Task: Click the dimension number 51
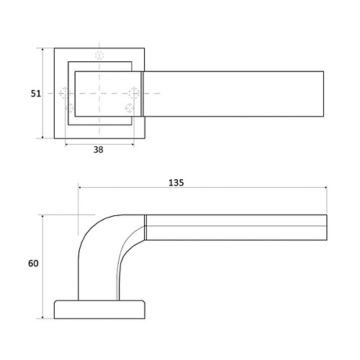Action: point(36,94)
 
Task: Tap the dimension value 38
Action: point(99,150)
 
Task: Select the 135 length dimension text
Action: point(176,183)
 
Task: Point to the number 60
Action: point(33,264)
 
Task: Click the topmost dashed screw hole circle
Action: point(99,55)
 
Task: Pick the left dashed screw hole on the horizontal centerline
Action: point(64,93)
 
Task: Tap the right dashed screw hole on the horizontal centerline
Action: point(134,93)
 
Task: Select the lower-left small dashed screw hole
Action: point(70,108)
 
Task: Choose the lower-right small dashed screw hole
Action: point(130,108)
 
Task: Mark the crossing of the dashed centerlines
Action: point(99,93)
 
